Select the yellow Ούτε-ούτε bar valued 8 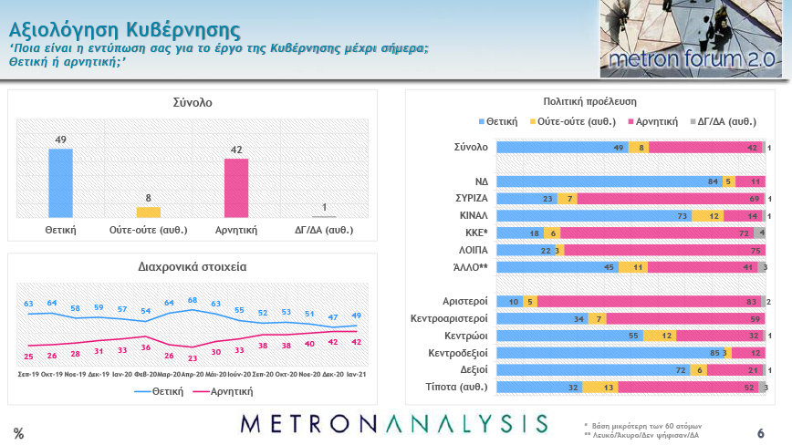(148, 212)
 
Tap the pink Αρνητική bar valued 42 (236, 188)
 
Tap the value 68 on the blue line (193, 300)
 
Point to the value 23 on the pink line (193, 357)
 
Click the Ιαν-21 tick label (355, 375)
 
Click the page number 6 (760, 432)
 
